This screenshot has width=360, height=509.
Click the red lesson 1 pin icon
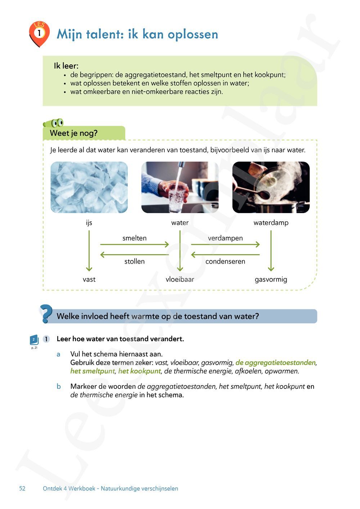pyautogui.click(x=39, y=33)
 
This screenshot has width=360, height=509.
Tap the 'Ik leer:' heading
pyautogui.click(x=66, y=66)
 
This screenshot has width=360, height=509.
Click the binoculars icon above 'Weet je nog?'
pyautogui.click(x=54, y=123)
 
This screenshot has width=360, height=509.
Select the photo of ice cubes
pyautogui.click(x=89, y=187)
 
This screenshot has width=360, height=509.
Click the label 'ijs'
pyautogui.click(x=89, y=223)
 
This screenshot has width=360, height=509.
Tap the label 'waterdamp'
pyautogui.click(x=271, y=223)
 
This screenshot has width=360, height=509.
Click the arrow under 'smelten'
pyautogui.click(x=134, y=244)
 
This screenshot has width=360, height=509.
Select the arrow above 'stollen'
pyautogui.click(x=134, y=254)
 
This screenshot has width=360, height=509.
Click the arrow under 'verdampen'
pyautogui.click(x=225, y=244)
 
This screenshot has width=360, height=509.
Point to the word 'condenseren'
pyautogui.click(x=225, y=262)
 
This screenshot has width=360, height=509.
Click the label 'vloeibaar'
pyautogui.click(x=180, y=279)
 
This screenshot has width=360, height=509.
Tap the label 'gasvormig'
pyautogui.click(x=271, y=279)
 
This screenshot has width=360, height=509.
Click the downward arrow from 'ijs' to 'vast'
pyautogui.click(x=89, y=251)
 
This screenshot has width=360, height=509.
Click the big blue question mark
pyautogui.click(x=46, y=314)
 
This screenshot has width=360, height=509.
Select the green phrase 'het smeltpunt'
pyautogui.click(x=93, y=371)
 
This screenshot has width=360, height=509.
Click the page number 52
pyautogui.click(x=22, y=488)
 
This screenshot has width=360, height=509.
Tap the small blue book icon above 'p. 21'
pyautogui.click(x=34, y=339)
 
